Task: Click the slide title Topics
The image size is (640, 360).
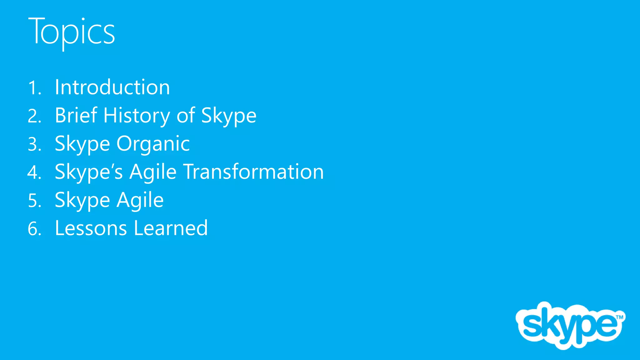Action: [72, 31]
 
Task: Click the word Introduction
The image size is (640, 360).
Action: [112, 87]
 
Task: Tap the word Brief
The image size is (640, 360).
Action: [76, 115]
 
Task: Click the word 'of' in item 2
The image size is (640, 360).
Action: [186, 115]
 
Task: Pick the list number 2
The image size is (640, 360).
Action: [34, 116]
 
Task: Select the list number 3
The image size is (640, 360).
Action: [34, 145]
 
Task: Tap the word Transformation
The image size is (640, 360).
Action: [253, 172]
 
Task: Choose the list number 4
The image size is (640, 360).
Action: [34, 173]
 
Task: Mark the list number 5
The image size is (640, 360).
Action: [34, 201]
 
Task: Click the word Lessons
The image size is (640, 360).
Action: [91, 228]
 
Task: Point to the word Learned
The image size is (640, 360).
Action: [171, 228]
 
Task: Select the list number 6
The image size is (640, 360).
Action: [34, 229]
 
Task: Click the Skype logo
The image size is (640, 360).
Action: [569, 325]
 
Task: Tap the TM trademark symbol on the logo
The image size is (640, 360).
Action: [619, 317]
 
